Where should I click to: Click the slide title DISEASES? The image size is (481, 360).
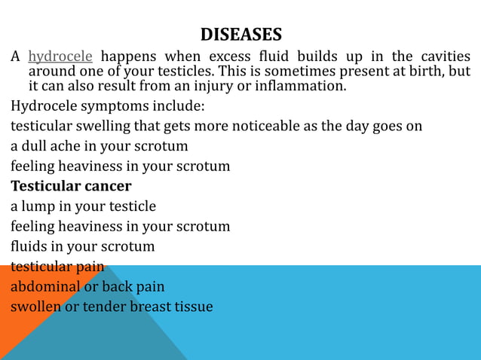click(240, 35)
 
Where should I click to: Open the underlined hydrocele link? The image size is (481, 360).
click(60, 56)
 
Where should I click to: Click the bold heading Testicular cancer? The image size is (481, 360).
click(71, 185)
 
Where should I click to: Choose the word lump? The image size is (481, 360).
click(37, 206)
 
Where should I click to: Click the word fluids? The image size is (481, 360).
click(29, 246)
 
